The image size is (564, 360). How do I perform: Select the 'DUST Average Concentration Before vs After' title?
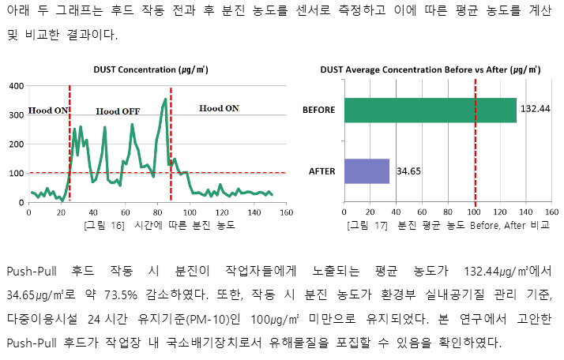(x=419, y=70)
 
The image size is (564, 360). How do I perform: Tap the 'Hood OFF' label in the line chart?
(x=118, y=111)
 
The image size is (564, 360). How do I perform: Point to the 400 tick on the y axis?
(x=16, y=85)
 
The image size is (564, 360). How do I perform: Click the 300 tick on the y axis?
(x=16, y=114)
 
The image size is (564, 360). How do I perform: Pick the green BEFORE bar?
(x=430, y=110)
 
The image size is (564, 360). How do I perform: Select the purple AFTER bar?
(x=367, y=171)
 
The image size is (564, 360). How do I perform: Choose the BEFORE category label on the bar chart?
(x=319, y=110)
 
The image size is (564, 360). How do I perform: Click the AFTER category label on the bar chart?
(x=323, y=171)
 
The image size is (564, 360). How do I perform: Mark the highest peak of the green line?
(x=165, y=99)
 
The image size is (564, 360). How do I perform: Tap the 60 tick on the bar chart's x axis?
(x=423, y=212)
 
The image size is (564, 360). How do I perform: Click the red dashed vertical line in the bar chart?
(x=475, y=142)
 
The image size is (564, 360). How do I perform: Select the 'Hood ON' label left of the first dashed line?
(x=48, y=111)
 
